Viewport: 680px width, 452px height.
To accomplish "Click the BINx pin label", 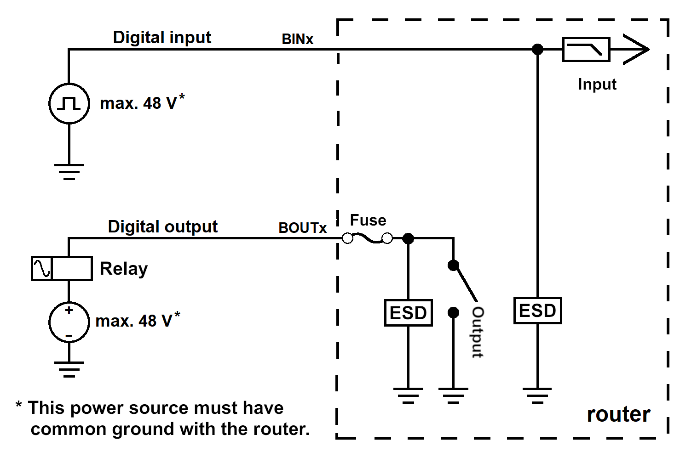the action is click(x=297, y=39).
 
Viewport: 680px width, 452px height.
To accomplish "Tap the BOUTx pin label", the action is click(x=302, y=228).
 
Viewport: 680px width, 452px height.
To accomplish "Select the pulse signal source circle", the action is click(x=69, y=104).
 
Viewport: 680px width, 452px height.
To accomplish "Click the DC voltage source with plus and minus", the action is click(x=69, y=322).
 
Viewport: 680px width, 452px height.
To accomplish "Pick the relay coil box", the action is click(x=62, y=268).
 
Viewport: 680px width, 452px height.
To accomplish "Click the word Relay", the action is click(x=124, y=269).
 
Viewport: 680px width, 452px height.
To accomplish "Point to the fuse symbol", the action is click(x=367, y=238).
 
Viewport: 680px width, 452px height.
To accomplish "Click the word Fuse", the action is click(x=368, y=220).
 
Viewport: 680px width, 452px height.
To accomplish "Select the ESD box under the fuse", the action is click(x=408, y=313).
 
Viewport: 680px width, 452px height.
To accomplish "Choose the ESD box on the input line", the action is click(x=538, y=311).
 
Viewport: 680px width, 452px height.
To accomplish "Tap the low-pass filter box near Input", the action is click(x=586, y=50).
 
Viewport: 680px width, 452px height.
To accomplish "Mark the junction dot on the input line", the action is click(x=538, y=49).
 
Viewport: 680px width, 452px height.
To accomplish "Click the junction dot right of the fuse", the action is click(x=408, y=238).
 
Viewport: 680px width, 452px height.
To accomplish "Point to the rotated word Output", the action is click(x=478, y=332).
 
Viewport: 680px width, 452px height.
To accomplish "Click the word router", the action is click(x=619, y=414).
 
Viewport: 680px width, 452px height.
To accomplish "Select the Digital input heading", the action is click(x=162, y=38).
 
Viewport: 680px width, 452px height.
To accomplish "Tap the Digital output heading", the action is click(x=163, y=227).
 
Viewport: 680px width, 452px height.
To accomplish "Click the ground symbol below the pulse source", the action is click(x=69, y=172).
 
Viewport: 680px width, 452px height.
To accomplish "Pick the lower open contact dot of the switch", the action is click(x=453, y=312).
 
